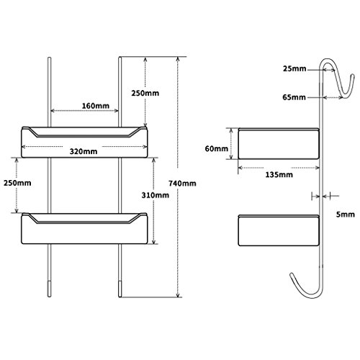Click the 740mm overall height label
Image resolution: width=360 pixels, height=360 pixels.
click(182, 184)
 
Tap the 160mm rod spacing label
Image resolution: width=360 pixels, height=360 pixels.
click(96, 106)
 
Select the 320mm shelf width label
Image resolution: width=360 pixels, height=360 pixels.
click(84, 151)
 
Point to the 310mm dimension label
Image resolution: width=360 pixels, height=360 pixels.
click(155, 195)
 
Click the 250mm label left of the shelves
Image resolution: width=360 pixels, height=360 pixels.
click(17, 183)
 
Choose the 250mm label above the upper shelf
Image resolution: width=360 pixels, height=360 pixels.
click(145, 93)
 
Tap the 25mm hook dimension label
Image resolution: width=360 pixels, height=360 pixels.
click(294, 68)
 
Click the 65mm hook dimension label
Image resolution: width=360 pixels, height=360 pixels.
click(294, 97)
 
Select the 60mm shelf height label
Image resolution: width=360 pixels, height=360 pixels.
click(217, 148)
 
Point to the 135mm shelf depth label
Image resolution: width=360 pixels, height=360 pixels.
click(279, 174)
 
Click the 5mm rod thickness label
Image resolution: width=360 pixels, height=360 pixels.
click(346, 215)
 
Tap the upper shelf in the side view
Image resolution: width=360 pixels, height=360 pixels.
click(279, 143)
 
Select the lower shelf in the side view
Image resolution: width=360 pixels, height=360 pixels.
click(279, 230)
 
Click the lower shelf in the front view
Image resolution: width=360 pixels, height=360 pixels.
click(84, 228)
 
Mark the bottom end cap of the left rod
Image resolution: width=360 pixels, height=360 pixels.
click(49, 289)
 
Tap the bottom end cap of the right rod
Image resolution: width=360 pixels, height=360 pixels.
click(120, 289)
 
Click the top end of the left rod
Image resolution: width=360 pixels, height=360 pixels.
click(49, 58)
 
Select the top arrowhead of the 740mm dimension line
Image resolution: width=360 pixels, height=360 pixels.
click(178, 59)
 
